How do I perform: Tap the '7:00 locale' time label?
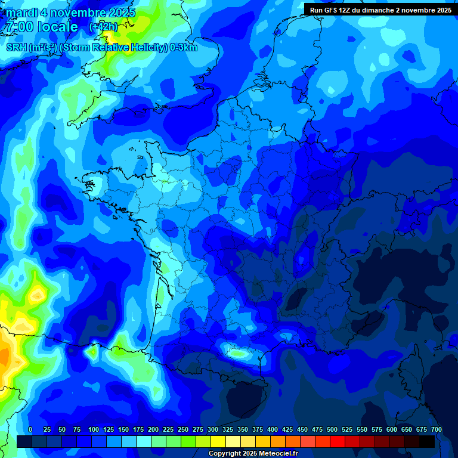click(x=42, y=27)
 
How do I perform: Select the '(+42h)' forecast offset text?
click(x=103, y=27)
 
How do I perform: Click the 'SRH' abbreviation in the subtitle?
click(x=16, y=48)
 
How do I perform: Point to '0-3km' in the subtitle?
click(x=183, y=48)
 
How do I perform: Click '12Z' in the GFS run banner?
click(x=345, y=10)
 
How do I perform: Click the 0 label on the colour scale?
click(x=30, y=429)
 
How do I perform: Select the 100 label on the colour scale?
click(x=94, y=429)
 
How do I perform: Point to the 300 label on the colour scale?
click(x=213, y=429)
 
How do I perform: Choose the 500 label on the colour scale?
click(x=332, y=429)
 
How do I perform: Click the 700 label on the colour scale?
click(x=437, y=429)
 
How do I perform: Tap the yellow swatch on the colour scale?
click(x=218, y=441)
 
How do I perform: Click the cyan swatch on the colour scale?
click(x=143, y=441)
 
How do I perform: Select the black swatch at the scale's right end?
click(x=427, y=441)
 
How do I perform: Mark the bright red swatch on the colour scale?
click(x=337, y=441)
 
